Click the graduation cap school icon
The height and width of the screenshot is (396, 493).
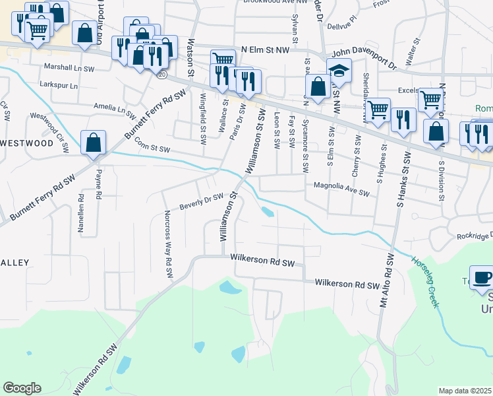[339, 69]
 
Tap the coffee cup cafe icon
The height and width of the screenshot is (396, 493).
[480, 277]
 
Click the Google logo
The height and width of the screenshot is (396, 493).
[22, 388]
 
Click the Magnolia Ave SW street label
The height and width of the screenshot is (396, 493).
[341, 185]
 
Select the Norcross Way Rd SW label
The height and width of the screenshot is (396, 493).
[169, 244]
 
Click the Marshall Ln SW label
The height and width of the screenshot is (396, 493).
[69, 67]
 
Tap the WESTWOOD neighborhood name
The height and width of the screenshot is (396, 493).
[26, 143]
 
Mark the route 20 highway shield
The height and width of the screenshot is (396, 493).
[162, 75]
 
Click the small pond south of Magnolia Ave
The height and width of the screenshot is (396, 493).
[268, 212]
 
